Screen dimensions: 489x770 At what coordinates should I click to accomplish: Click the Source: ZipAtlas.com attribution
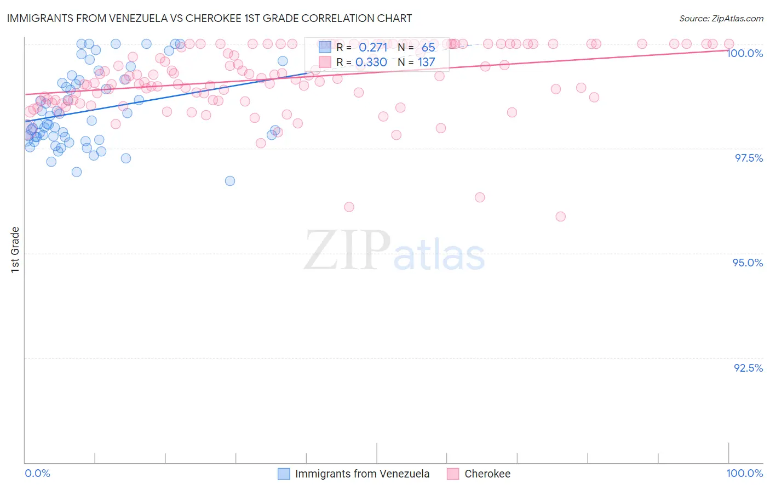tap(721, 18)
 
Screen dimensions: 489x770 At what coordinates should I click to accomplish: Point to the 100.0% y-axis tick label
tap(745, 53)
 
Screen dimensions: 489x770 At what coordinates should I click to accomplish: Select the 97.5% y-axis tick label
tap(749, 158)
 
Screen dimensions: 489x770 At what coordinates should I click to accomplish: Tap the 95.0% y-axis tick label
tap(748, 263)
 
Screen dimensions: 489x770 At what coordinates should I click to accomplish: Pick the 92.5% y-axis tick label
tap(748, 368)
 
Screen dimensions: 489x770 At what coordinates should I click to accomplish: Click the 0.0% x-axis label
tap(37, 473)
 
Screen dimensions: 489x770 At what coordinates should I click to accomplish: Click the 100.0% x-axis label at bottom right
tap(744, 473)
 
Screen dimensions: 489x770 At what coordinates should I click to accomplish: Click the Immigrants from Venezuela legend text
tap(362, 474)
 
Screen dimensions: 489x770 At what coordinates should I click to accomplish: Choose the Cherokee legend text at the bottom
tap(487, 474)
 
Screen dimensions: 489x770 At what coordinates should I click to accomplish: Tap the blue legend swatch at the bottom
tap(284, 474)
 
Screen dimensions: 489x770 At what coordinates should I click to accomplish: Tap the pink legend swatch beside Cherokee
tap(453, 474)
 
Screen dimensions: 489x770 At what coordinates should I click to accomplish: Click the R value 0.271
tap(373, 47)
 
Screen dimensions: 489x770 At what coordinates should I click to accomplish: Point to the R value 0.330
tap(371, 62)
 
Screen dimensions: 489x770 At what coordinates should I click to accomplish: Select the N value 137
tap(427, 62)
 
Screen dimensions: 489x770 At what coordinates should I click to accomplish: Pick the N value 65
tap(428, 47)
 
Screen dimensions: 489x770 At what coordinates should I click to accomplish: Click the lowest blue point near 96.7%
tap(230, 181)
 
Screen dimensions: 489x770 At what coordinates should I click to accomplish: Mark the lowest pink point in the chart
tap(560, 217)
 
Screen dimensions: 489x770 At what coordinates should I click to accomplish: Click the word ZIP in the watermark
tap(347, 251)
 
